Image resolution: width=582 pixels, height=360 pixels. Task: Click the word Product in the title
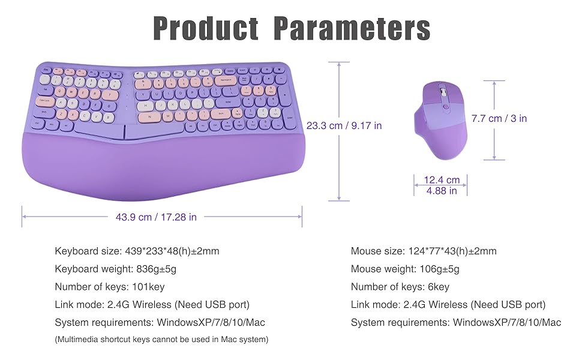(206, 29)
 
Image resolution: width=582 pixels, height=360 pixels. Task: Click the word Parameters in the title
(352, 29)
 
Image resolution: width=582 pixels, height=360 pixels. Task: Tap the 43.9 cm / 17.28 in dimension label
(156, 217)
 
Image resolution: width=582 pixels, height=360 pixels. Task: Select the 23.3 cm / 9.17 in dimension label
(344, 126)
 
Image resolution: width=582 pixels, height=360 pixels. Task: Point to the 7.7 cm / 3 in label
(499, 119)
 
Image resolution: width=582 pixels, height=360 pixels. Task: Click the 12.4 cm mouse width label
(441, 180)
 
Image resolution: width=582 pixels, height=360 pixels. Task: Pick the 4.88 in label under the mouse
(441, 191)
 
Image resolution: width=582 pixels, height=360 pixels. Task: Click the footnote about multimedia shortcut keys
(161, 340)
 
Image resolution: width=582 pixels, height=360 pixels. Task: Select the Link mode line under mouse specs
(448, 305)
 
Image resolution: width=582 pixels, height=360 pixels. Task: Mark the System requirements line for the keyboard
(160, 322)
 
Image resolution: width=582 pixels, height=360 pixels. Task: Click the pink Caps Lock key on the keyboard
(45, 102)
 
